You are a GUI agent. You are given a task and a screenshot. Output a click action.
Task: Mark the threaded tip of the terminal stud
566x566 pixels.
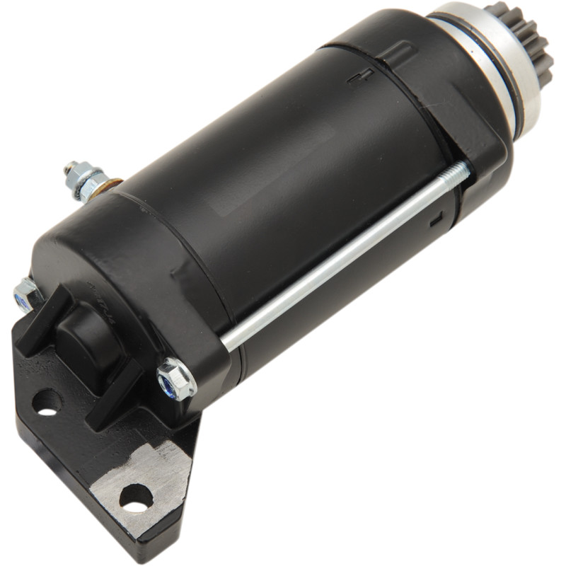[x=70, y=168]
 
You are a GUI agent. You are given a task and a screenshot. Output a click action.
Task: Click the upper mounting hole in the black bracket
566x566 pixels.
[x=47, y=402]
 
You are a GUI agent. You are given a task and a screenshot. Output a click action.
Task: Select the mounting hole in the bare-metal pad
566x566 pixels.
[x=136, y=497]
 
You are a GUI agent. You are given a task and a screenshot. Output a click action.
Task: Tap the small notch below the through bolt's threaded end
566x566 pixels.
[x=436, y=219]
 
